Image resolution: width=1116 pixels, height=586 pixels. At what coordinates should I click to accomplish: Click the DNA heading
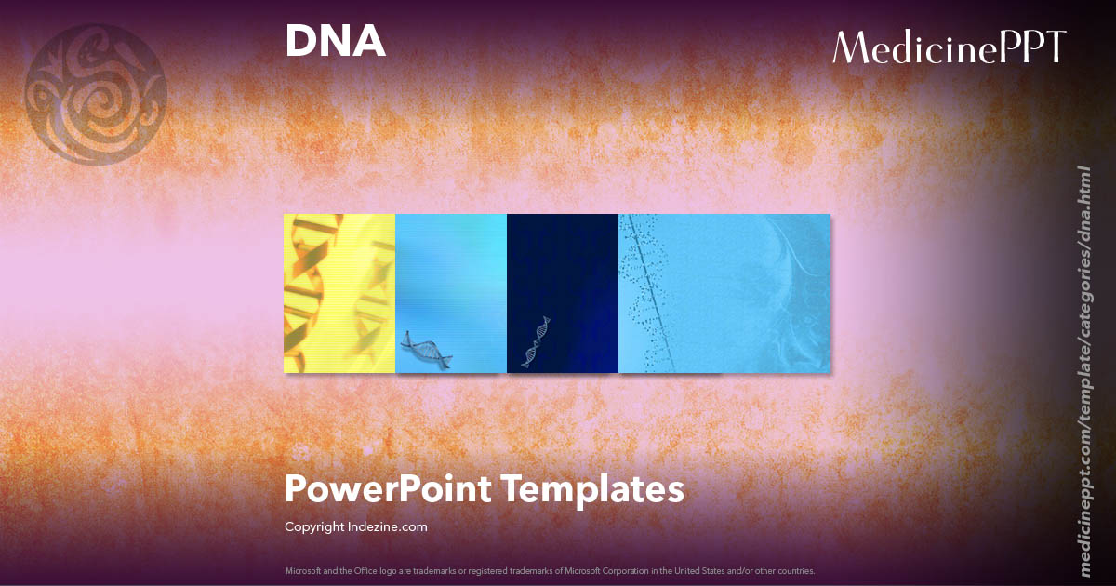[x=335, y=42]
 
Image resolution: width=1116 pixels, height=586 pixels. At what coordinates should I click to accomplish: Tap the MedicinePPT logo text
[x=949, y=47]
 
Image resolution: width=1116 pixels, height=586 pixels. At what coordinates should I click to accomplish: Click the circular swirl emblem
[x=96, y=90]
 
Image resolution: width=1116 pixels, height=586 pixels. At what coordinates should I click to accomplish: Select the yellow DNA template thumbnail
[x=339, y=293]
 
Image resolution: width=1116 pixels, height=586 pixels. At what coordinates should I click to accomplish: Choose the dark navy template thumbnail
[x=563, y=293]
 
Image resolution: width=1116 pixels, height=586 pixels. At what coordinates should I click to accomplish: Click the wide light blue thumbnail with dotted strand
[x=724, y=293]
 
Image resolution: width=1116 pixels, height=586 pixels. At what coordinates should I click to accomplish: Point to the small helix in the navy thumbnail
[x=537, y=341]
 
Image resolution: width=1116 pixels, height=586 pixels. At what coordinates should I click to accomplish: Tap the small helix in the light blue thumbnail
[x=426, y=352]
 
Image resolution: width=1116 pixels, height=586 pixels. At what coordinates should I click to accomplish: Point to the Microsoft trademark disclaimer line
[x=550, y=570]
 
